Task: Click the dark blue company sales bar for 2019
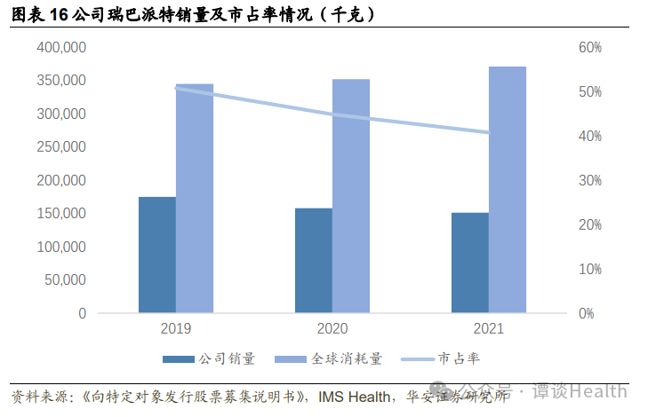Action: click(x=156, y=255)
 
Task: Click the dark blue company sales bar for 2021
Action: click(x=470, y=263)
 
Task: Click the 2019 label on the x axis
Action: click(x=176, y=329)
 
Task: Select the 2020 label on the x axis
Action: click(x=332, y=329)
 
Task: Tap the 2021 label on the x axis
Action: click(x=489, y=329)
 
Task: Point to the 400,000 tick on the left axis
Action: click(x=61, y=47)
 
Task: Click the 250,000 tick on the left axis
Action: click(x=61, y=147)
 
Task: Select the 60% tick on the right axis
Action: click(x=590, y=47)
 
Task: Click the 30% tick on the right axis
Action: click(x=590, y=180)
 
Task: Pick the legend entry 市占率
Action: click(x=460, y=359)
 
